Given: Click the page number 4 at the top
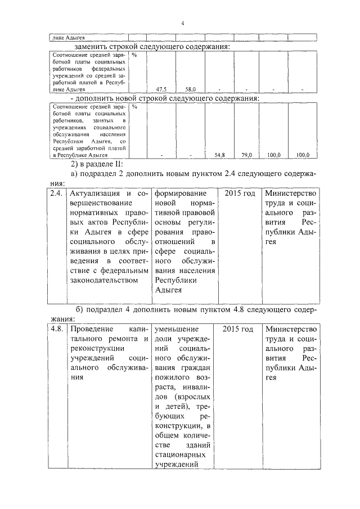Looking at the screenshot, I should (x=183, y=22).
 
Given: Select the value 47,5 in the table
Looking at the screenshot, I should (x=161, y=89).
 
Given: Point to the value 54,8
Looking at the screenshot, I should (x=219, y=155).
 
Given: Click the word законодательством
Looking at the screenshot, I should (x=102, y=280).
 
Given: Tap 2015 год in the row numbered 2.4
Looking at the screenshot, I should (x=239, y=193).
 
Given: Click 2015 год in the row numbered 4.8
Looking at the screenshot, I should (x=239, y=329).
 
